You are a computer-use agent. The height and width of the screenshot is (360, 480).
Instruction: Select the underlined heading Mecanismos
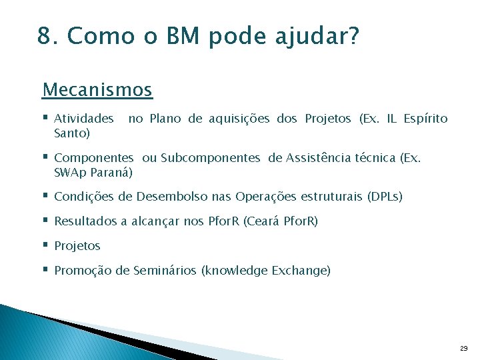97,89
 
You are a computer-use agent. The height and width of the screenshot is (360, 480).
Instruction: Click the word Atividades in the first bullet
84,119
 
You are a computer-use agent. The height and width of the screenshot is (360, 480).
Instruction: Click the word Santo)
72,133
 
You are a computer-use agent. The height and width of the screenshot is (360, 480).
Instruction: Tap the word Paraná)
109,173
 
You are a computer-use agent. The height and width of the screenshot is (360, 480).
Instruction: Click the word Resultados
85,221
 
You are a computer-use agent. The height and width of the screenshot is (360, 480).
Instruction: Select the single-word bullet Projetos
77,246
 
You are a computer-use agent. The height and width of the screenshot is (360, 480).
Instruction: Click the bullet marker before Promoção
45,270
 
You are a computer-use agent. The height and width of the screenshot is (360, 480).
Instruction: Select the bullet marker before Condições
45,196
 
